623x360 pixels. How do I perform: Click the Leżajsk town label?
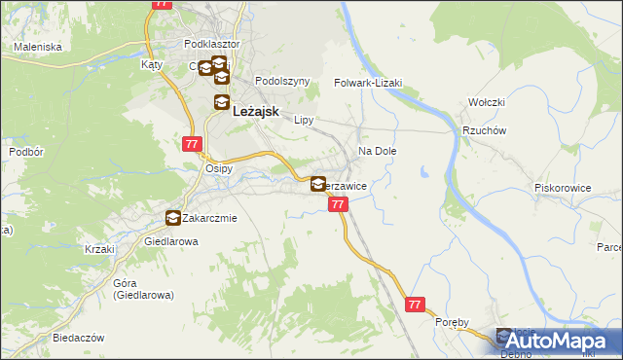tap(257, 112)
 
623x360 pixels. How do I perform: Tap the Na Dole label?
tap(378, 152)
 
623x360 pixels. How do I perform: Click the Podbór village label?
tap(25, 152)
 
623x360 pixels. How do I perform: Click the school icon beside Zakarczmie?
tap(173, 219)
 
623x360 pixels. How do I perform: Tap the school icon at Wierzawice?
tap(318, 183)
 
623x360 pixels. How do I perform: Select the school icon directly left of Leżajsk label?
tap(222, 104)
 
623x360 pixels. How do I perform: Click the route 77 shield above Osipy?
tap(191, 143)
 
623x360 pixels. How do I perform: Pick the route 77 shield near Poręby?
tap(416, 305)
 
